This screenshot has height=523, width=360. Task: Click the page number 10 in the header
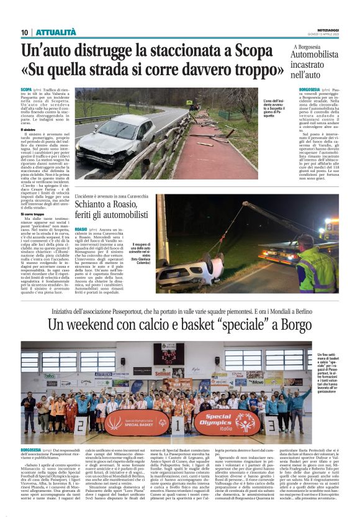(x=24, y=32)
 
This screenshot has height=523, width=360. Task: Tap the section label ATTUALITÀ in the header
(x=55, y=32)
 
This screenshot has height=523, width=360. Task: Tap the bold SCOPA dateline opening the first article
(x=27, y=91)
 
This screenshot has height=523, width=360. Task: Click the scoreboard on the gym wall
(x=168, y=352)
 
